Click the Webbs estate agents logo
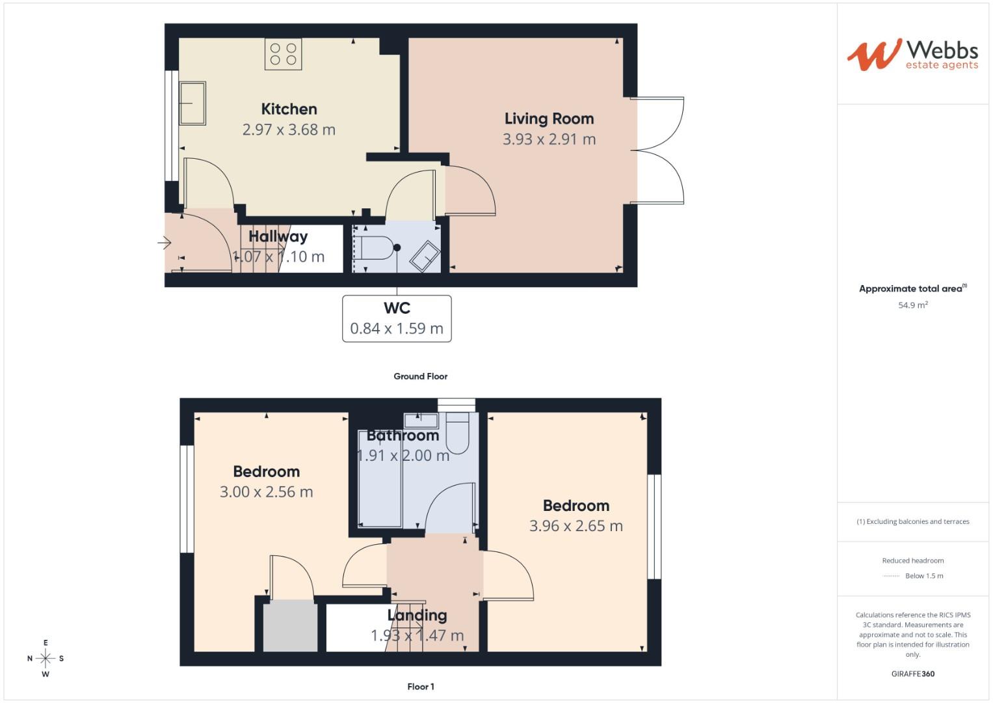click(912, 55)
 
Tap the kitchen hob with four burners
click(283, 54)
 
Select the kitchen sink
click(192, 103)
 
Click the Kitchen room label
click(289, 109)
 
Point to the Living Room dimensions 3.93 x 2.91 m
click(549, 139)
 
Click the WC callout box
click(397, 318)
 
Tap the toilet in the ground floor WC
click(377, 248)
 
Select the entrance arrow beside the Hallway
click(164, 243)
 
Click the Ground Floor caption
click(420, 376)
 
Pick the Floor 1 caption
click(420, 687)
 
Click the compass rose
click(46, 658)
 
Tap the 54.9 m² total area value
click(912, 305)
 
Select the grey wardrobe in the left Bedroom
click(290, 626)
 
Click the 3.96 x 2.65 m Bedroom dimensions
click(576, 526)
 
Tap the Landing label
click(417, 615)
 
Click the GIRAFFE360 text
click(912, 674)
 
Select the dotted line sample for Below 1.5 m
click(890, 576)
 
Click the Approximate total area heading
click(912, 288)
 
